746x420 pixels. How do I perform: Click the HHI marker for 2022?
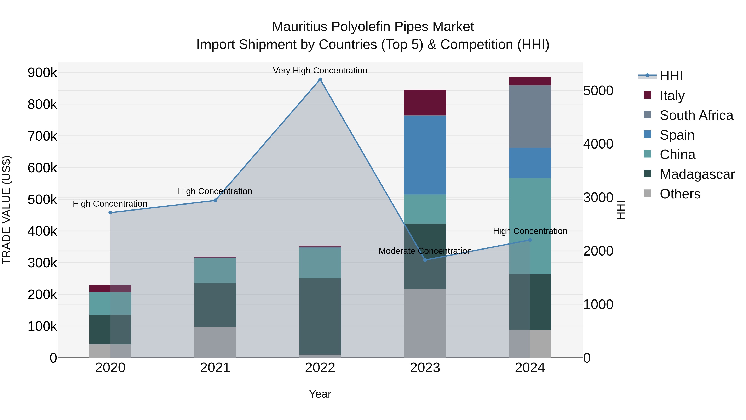(x=320, y=79)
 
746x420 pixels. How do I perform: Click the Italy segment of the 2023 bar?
(x=425, y=103)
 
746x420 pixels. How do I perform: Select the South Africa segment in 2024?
(x=530, y=117)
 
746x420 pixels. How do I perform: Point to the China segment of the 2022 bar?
(x=320, y=263)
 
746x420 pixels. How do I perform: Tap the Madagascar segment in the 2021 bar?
(x=215, y=305)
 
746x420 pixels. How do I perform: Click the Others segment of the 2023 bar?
(x=425, y=323)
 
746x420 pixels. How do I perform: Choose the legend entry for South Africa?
(x=696, y=115)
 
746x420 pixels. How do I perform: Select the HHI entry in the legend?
(x=671, y=76)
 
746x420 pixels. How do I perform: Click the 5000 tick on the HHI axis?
(x=598, y=91)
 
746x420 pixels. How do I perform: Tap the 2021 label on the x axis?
(x=215, y=368)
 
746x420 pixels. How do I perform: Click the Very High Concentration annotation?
(x=320, y=71)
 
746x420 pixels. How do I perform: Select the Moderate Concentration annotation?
(x=425, y=251)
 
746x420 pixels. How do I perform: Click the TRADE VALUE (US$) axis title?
(x=7, y=210)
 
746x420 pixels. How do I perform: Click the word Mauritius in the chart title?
(x=299, y=27)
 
